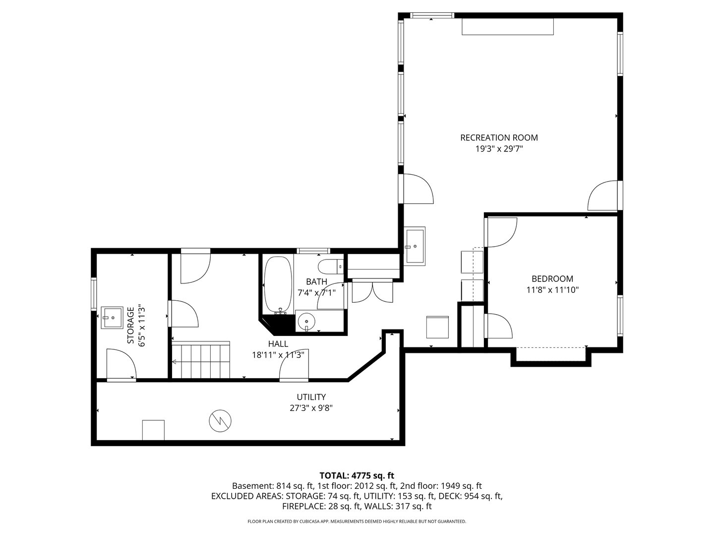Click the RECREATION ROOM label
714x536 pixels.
pos(499,137)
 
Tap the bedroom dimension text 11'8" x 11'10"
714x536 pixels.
pos(552,290)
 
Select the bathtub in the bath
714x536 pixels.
pos(278,284)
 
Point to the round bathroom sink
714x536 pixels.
pos(307,322)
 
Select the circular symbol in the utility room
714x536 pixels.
pos(219,421)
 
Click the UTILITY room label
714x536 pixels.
pos(311,397)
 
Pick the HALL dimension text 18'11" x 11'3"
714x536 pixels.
pos(278,355)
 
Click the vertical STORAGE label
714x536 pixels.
pos(131,326)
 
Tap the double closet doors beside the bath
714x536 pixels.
pos(372,292)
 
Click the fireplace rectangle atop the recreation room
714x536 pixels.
pos(508,27)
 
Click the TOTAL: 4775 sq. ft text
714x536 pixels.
pos(357,475)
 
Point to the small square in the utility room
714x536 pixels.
pos(153,430)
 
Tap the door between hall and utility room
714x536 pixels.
pos(295,370)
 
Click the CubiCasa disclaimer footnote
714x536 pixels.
pos(357,522)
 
